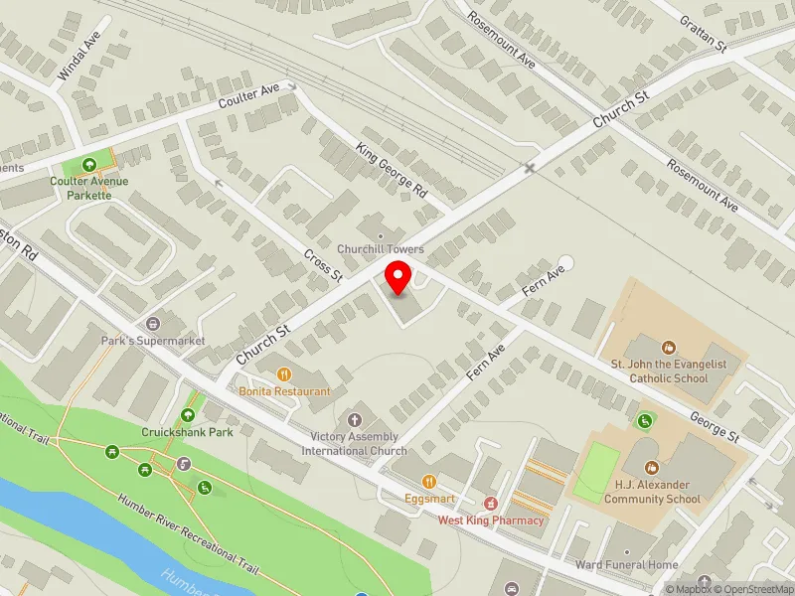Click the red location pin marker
[x=398, y=277]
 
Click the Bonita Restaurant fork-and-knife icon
[x=284, y=374]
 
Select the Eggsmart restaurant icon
[x=429, y=481]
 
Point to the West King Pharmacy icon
[x=491, y=505]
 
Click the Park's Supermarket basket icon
[x=153, y=324]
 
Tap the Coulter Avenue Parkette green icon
[x=89, y=165]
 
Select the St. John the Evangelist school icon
[x=669, y=348]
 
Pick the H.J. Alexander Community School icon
[x=653, y=468]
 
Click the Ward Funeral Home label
[x=626, y=565]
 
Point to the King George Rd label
[x=391, y=168]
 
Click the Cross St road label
[x=323, y=264]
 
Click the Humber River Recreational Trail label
[x=187, y=533]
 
